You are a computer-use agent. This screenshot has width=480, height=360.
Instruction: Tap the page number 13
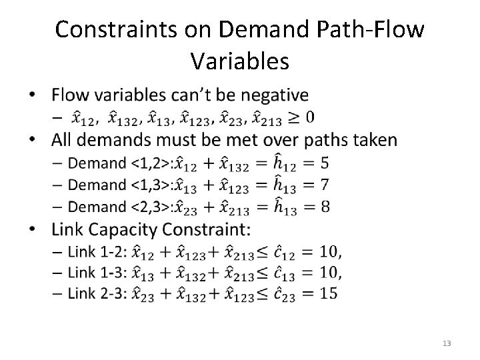tap(447, 343)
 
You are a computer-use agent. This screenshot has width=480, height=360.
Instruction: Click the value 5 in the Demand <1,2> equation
tap(324, 162)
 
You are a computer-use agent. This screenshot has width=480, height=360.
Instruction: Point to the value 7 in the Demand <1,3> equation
tap(325, 185)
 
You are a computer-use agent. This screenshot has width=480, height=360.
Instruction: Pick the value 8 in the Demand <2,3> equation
tap(325, 207)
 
